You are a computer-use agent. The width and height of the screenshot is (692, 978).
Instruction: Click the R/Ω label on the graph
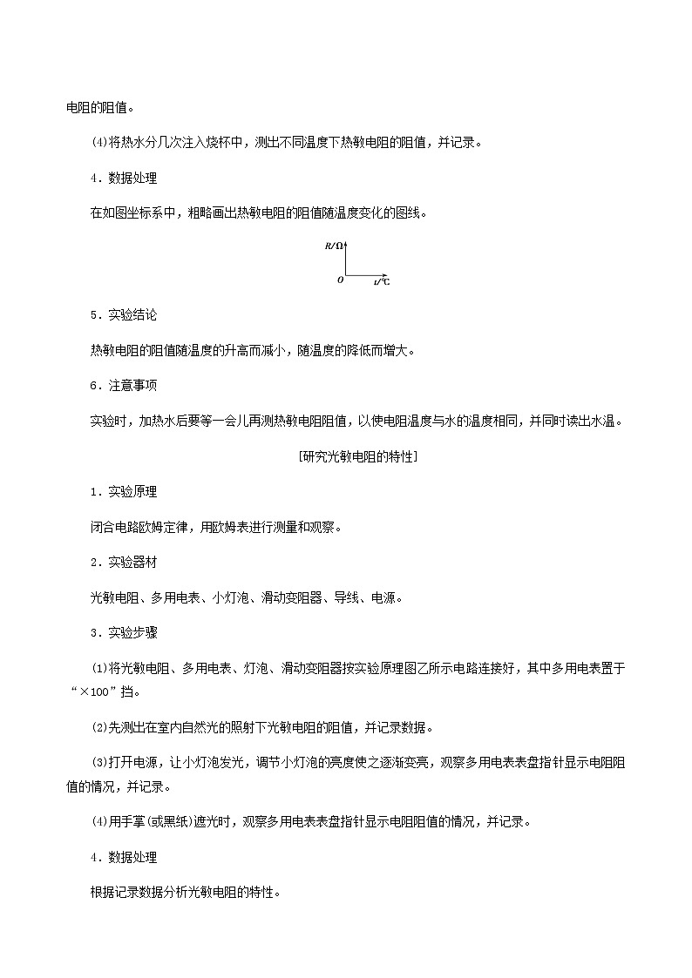[x=333, y=246]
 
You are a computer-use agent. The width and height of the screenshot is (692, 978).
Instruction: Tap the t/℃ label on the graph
[x=382, y=282]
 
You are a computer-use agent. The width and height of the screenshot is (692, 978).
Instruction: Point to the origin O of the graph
[x=340, y=280]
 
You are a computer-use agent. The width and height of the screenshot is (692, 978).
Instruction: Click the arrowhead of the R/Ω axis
[x=347, y=243]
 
